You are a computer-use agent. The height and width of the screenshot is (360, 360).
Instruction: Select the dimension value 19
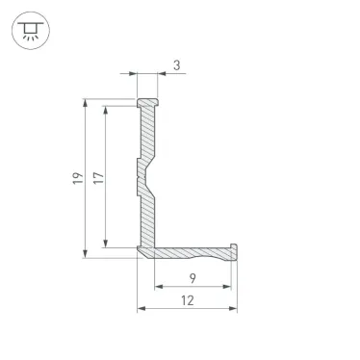coord(77,178)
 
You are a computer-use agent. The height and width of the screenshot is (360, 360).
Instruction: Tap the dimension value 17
coord(98,178)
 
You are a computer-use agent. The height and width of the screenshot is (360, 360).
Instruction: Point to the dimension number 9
coord(193,278)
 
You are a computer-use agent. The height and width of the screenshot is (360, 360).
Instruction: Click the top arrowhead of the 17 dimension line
coord(107,109)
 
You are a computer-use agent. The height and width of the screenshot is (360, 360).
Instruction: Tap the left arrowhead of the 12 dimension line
coord(142,309)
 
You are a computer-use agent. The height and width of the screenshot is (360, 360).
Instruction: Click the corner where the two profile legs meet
coord(147,251)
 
